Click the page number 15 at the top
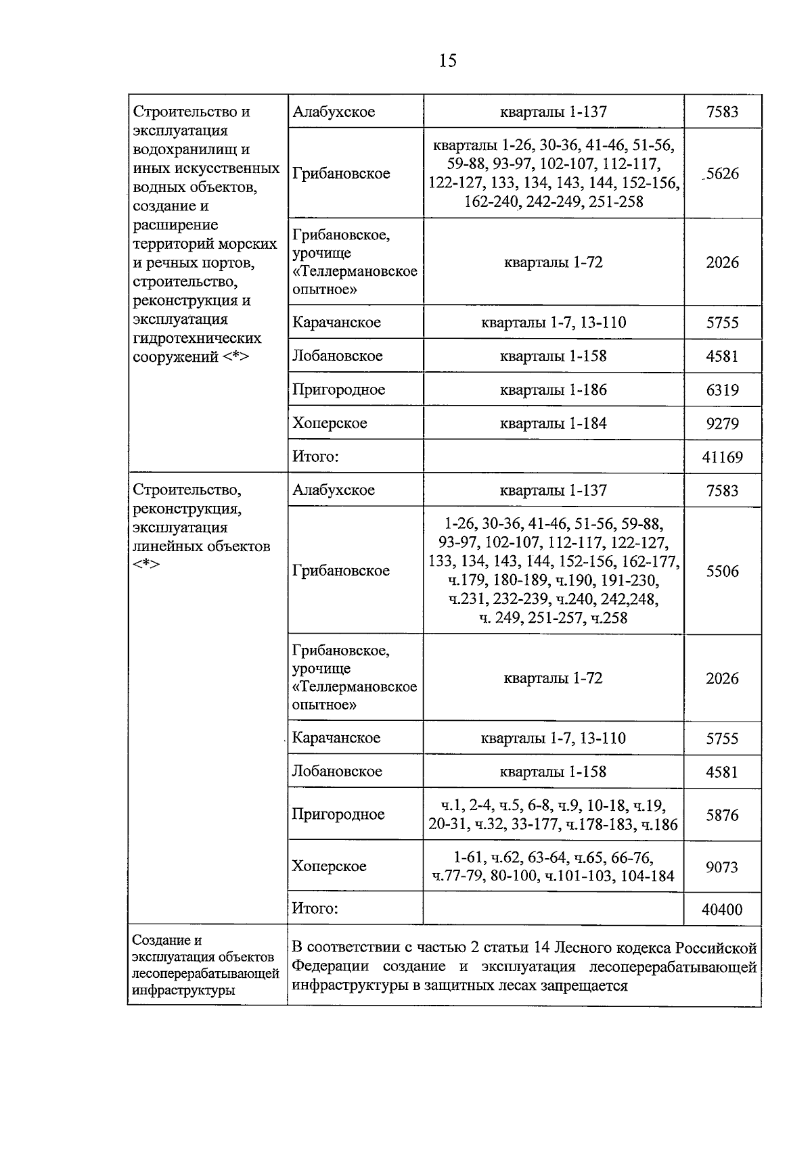pos(447,61)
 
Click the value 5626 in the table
pos(722,174)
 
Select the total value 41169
pos(722,457)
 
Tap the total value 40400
pos(722,910)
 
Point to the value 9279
pos(722,424)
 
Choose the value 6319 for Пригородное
pos(722,390)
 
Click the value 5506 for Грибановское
pos(722,571)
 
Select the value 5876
pos(722,816)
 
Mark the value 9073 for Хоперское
pos(722,867)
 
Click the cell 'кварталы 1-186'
pos(553,390)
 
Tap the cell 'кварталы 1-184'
pos(553,424)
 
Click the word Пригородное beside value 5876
pos(338,814)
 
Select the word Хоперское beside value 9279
pos(330,423)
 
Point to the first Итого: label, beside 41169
pos(315,456)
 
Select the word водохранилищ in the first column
pos(182,149)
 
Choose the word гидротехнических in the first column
pos(197,338)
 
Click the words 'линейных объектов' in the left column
pos(201,546)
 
